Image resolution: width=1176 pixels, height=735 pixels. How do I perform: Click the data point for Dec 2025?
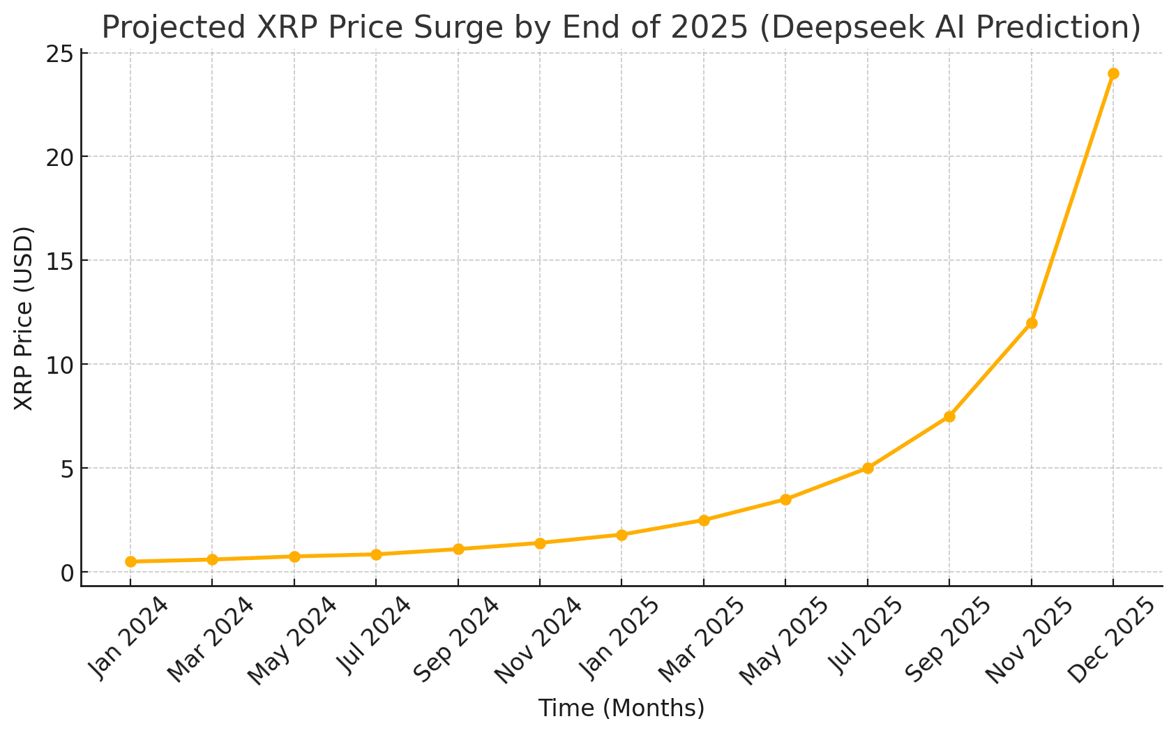click(x=1113, y=73)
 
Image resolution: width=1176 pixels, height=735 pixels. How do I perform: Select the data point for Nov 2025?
click(x=1032, y=323)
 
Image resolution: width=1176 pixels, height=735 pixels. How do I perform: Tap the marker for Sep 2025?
click(x=949, y=416)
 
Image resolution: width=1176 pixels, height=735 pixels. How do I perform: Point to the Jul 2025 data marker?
click(x=868, y=468)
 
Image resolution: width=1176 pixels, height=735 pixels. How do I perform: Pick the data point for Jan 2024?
click(x=130, y=561)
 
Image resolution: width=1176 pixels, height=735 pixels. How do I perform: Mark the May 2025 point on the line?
click(x=785, y=499)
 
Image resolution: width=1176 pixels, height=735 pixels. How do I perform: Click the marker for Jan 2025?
click(x=621, y=535)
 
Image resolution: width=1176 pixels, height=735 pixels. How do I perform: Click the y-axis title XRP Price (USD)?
click(x=24, y=319)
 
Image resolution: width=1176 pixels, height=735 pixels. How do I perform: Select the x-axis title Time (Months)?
click(x=621, y=709)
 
